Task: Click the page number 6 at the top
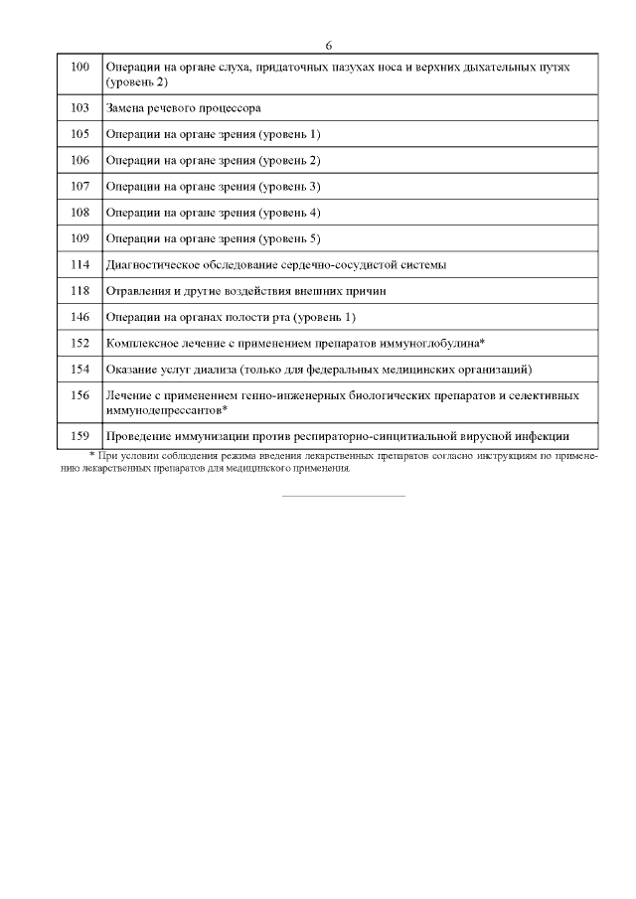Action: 328,46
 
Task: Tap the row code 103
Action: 80,107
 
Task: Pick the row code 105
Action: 80,133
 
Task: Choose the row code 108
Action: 80,212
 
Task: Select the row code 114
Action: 80,264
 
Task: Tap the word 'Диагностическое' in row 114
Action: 154,264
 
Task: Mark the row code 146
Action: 80,317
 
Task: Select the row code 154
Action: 80,370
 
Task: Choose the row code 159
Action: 80,435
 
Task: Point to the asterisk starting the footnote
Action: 91,453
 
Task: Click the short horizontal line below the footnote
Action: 344,496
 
